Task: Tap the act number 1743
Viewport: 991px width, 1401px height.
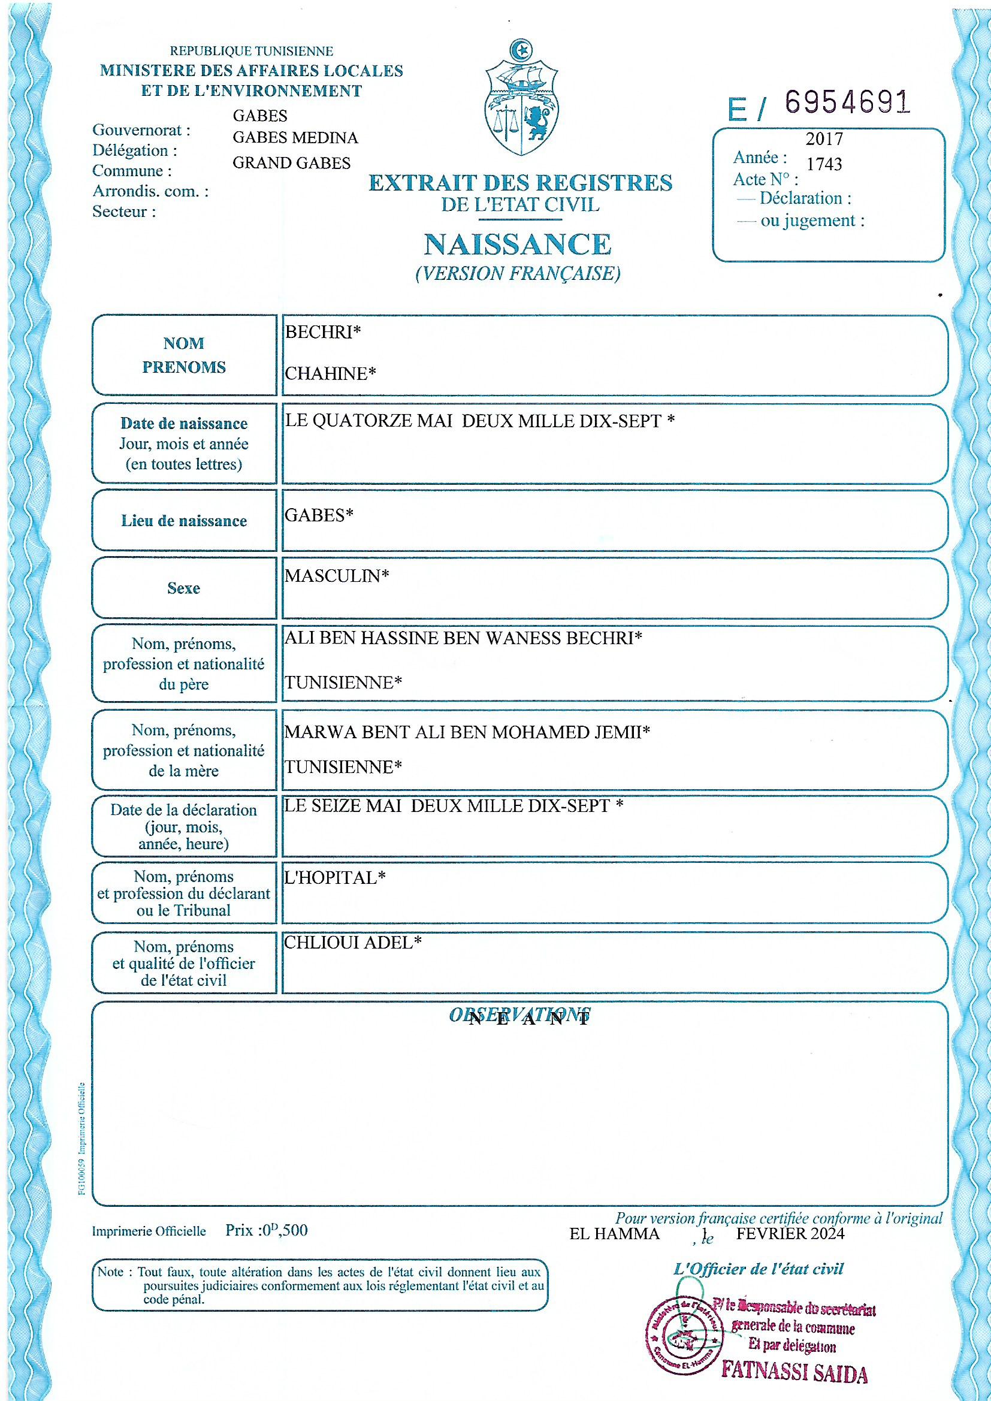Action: point(824,164)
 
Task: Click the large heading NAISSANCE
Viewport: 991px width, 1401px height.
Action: point(518,244)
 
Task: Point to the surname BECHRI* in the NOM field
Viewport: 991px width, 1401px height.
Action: point(323,332)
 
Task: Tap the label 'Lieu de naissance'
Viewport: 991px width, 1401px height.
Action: point(184,521)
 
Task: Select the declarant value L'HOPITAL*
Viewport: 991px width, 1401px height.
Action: point(335,877)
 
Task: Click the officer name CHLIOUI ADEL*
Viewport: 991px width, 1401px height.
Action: point(353,943)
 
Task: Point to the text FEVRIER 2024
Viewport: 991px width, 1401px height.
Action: point(790,1234)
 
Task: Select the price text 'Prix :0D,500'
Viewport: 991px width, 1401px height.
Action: point(266,1230)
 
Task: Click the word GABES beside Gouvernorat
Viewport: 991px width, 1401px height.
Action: point(260,115)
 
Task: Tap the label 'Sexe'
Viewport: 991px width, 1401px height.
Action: point(184,588)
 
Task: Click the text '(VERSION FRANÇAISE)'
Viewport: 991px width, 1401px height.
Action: point(518,273)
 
